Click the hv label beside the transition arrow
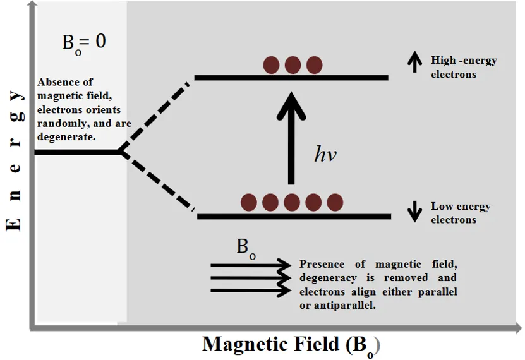coord(325,155)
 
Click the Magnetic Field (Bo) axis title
coord(292,344)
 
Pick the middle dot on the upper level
coord(293,64)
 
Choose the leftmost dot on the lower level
coord(250,202)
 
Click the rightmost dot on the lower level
coord(335,202)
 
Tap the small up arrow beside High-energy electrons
coord(414,61)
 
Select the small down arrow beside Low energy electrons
coord(414,211)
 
